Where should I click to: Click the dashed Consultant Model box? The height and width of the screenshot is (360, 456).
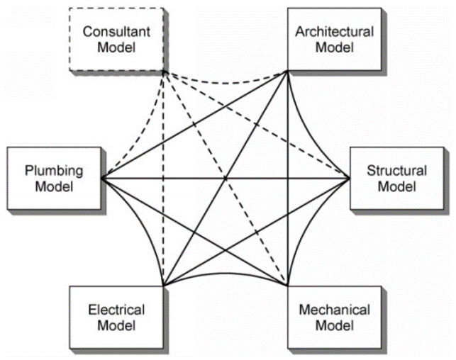click(118, 40)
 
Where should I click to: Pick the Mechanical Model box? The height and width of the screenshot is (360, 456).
click(333, 318)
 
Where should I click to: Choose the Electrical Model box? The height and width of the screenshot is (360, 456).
click(117, 318)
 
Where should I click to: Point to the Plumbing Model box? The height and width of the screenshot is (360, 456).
click(54, 179)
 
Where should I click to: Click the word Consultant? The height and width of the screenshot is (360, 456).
click(118, 32)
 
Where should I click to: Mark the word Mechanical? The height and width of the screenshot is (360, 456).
click(333, 310)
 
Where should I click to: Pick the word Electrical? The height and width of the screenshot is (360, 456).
click(117, 310)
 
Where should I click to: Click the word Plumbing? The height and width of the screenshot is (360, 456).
click(54, 171)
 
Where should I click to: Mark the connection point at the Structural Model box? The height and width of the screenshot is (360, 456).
click(350, 177)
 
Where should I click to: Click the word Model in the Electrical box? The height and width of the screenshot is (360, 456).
click(117, 326)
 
